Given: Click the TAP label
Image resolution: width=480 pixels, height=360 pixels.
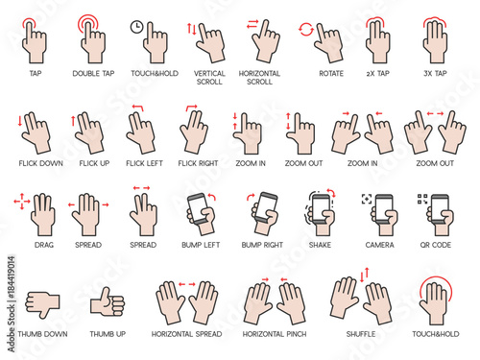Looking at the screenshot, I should point(36,73).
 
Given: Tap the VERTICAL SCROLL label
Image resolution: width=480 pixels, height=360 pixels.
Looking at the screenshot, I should point(209,78).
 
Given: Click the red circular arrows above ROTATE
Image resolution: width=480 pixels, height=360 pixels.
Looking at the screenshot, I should point(306,29).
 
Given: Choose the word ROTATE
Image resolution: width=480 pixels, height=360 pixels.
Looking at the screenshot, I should point(330,73).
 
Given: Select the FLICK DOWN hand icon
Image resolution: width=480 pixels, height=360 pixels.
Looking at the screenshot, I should point(36,132).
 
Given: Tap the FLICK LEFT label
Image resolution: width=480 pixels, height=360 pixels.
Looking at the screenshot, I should point(144,164).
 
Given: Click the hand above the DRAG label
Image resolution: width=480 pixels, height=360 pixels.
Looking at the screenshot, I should point(43,213).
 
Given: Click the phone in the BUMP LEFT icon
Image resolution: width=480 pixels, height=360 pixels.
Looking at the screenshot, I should point(199,208).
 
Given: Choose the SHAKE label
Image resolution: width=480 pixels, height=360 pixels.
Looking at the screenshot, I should point(321,245).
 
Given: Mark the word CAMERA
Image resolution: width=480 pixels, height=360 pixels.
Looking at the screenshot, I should point(380,245).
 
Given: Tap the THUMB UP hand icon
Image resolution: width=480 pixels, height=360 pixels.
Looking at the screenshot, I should point(107,301).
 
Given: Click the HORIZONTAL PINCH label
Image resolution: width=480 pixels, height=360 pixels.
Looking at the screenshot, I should point(275,334).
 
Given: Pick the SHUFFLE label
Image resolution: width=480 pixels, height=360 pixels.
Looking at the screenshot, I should point(362,334).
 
